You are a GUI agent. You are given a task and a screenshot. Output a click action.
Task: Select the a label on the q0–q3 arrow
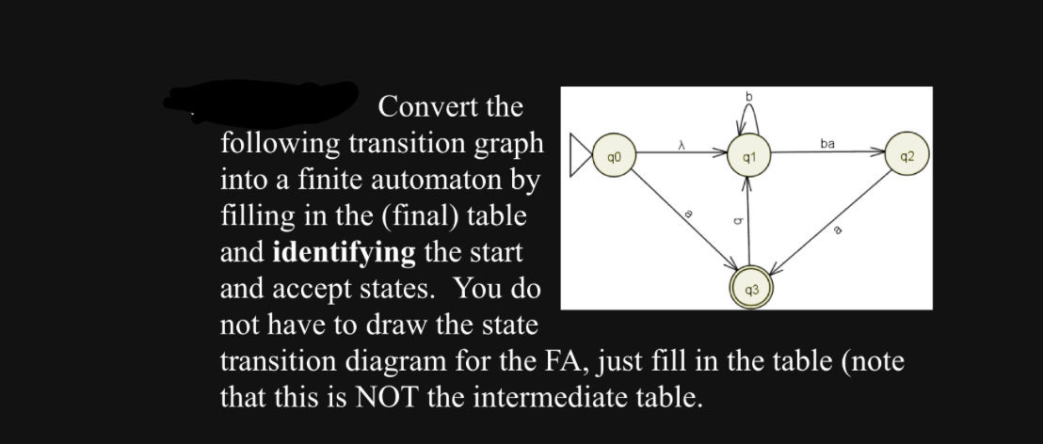click(x=688, y=215)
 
